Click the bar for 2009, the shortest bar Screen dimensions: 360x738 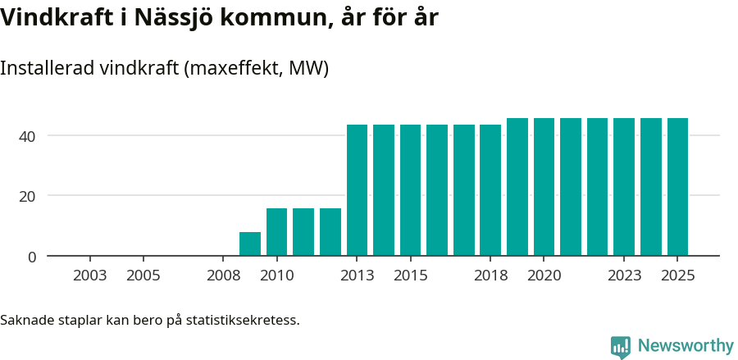pos(250,244)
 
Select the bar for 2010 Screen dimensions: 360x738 pos(277,232)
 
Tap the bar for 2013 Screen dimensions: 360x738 pos(357,190)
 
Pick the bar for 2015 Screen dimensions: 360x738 pos(410,190)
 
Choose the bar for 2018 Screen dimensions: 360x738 pos(490,190)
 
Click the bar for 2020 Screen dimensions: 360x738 pos(544,187)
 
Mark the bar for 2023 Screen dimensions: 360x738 pos(624,187)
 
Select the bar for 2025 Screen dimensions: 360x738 pos(677,187)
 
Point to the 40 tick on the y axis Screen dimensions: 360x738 pos(28,135)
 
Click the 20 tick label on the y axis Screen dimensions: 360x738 pos(28,196)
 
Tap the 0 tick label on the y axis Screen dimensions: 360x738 pos(32,257)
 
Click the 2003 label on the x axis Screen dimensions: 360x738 pos(90,276)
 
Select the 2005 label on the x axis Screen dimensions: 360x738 pos(143,276)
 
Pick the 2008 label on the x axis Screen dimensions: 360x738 pos(224,276)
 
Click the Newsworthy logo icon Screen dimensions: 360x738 pos(621,346)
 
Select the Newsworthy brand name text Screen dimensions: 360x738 pos(686,346)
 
